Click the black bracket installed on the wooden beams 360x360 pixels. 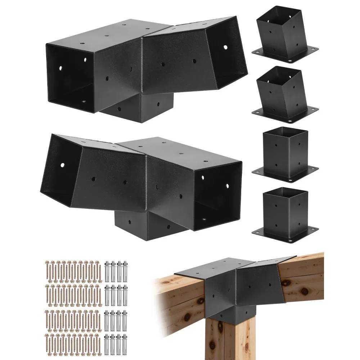[234, 284]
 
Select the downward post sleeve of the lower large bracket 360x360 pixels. [144, 225]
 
